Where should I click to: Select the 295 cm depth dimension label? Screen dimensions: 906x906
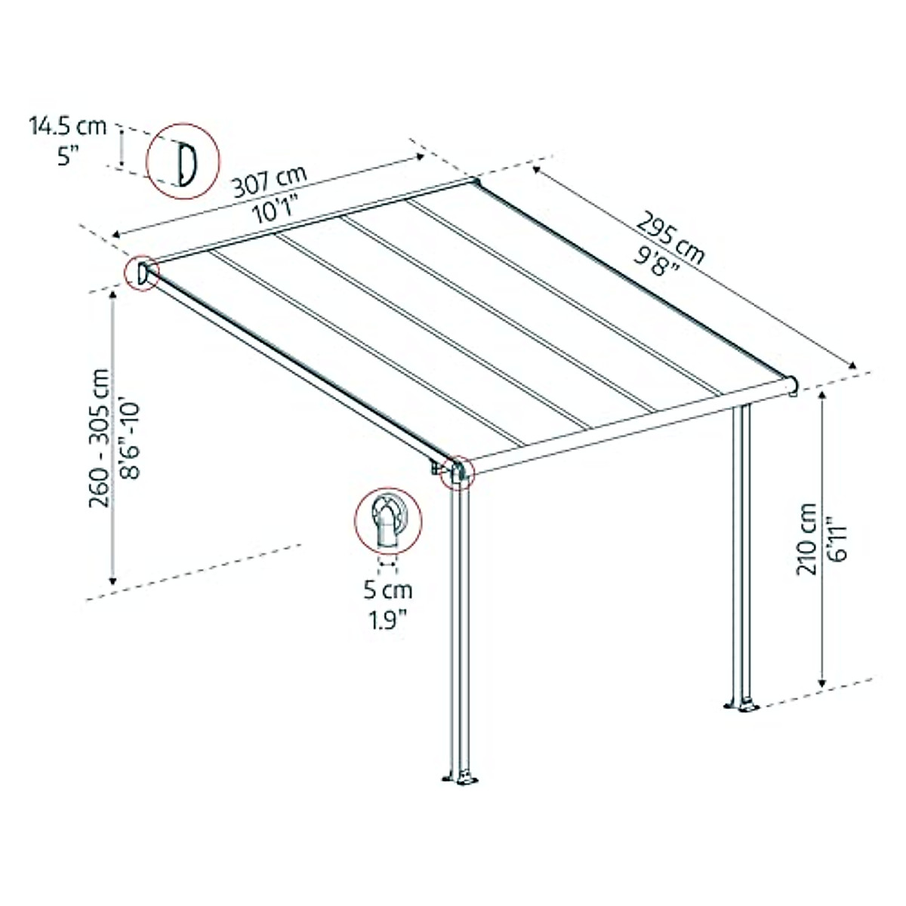670,234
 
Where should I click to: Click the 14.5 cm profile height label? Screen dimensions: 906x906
68,125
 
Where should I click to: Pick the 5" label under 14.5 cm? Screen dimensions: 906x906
68,157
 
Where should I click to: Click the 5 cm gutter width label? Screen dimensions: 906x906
388,590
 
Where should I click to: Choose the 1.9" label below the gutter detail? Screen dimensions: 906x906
388,620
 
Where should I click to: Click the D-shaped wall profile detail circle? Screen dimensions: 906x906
183,162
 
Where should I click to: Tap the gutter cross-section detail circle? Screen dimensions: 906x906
387,522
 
